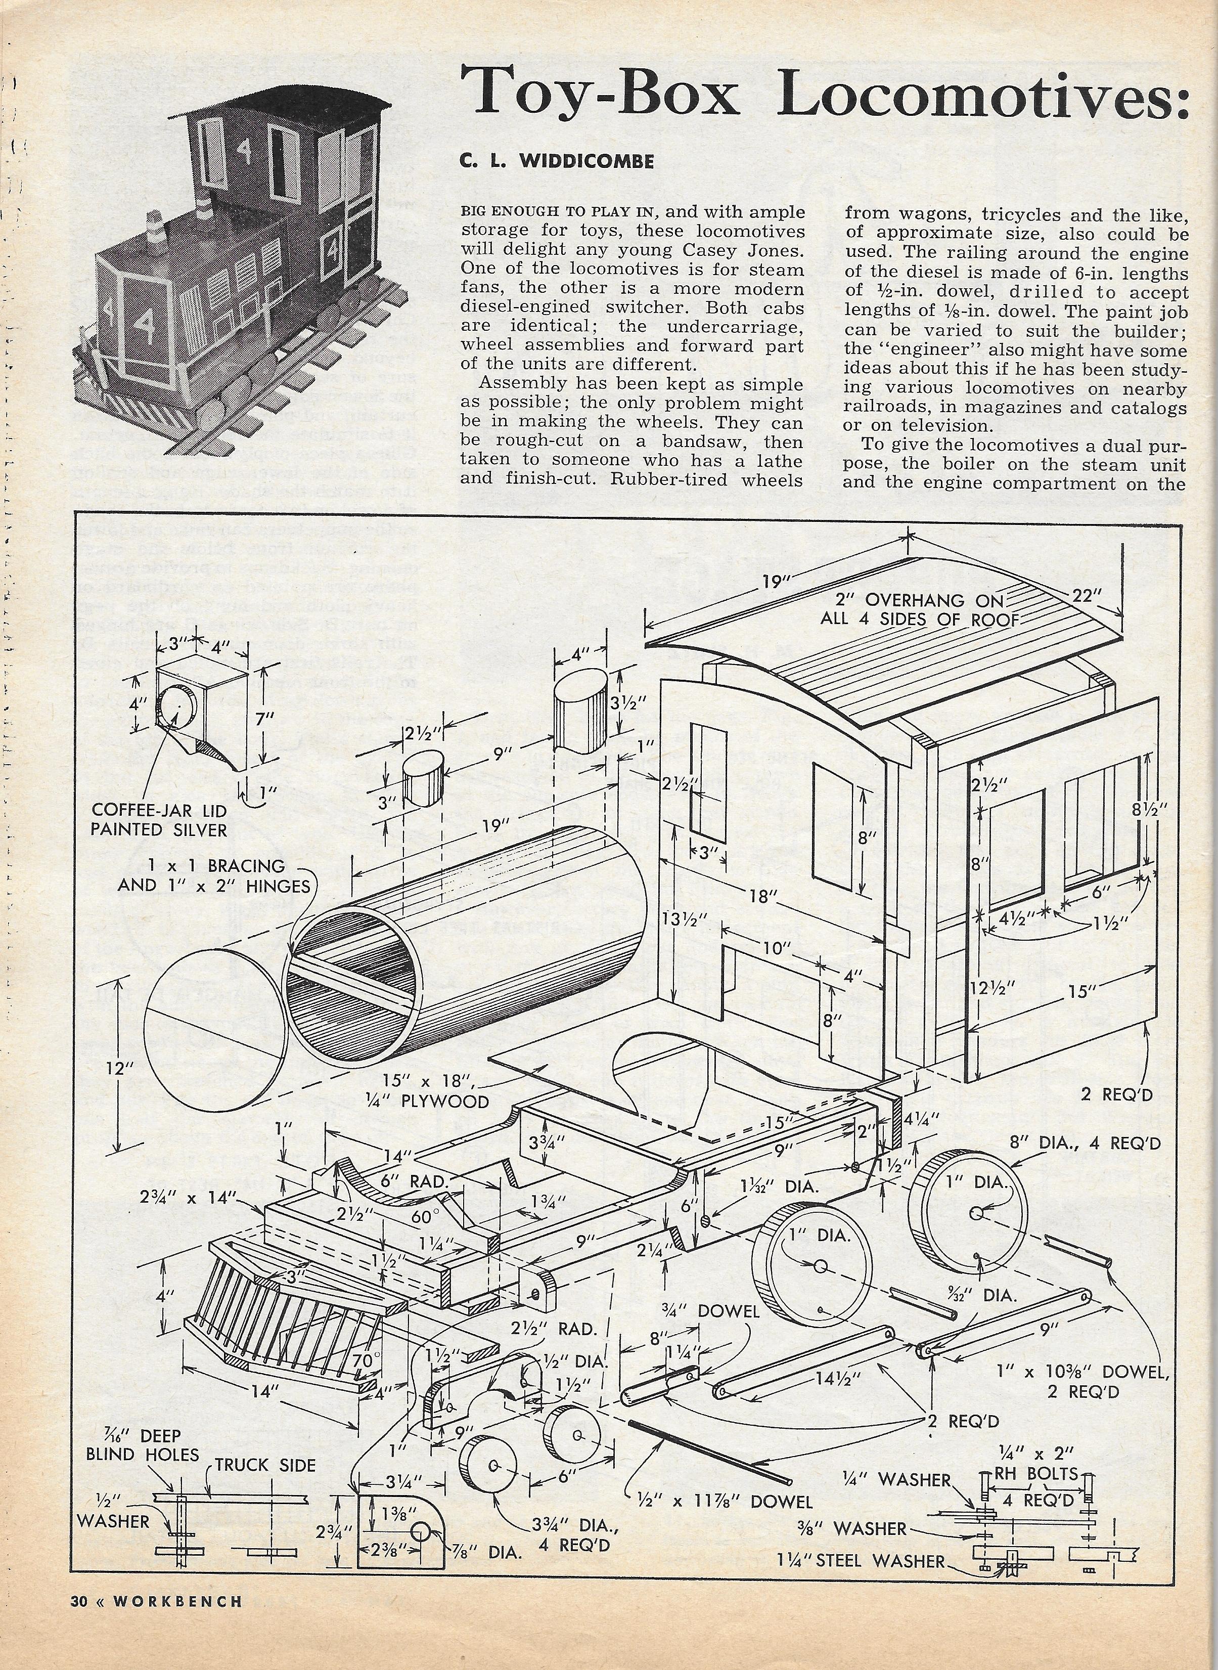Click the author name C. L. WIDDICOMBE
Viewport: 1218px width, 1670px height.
click(557, 161)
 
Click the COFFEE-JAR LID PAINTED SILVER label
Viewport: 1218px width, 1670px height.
click(159, 820)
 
